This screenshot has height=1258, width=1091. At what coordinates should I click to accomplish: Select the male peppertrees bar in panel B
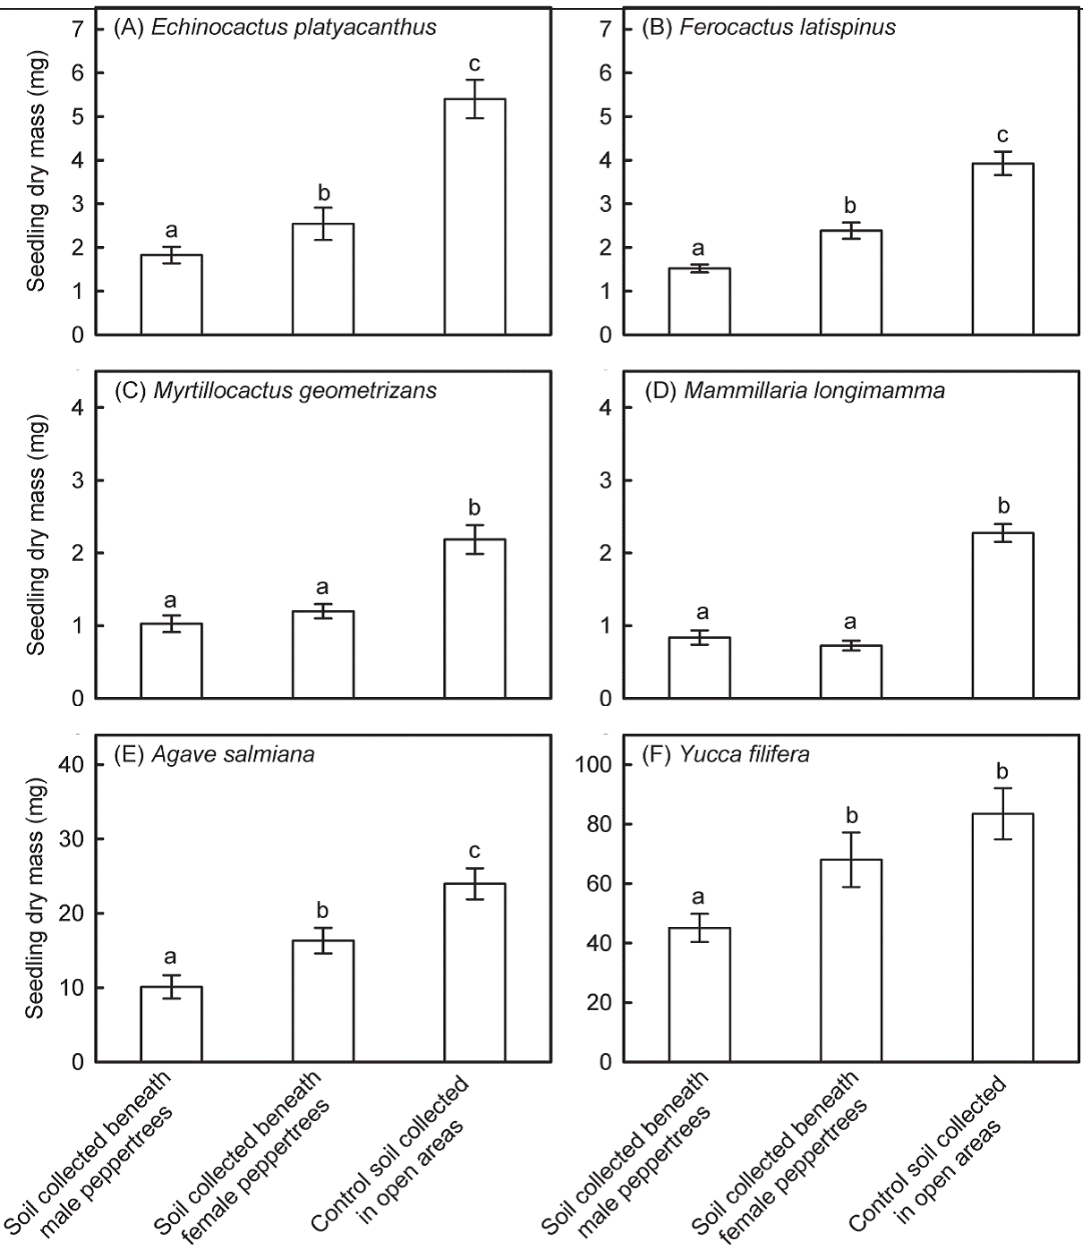click(699, 302)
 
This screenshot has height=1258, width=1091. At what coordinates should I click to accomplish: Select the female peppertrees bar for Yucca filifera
click(851, 961)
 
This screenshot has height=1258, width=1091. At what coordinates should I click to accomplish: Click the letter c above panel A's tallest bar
click(474, 64)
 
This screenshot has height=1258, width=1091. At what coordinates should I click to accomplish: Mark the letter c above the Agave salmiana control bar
click(474, 851)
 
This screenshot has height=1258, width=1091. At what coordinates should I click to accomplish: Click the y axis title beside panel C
click(36, 535)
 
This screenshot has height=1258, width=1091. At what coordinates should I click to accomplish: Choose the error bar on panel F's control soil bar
click(1002, 813)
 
